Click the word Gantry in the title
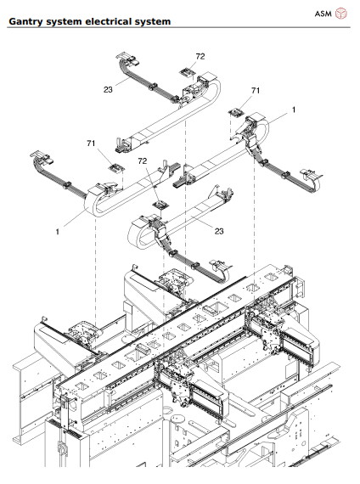point(28,20)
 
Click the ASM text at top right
point(323,13)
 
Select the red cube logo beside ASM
point(341,13)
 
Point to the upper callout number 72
point(200,56)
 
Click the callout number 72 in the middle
point(143,160)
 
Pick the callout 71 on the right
point(255,90)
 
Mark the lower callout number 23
point(219,231)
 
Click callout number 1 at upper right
point(294,110)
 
